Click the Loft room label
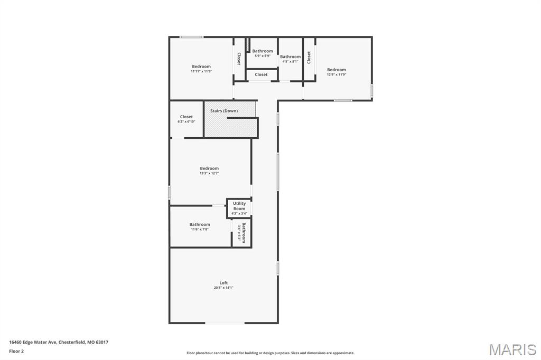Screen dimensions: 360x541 pos(223,283)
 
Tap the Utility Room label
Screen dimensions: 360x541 pos(239,206)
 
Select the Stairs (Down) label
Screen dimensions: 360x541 pos(224,111)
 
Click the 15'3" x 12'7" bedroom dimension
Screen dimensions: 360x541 pos(209,173)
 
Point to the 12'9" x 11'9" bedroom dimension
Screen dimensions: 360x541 pos(337,74)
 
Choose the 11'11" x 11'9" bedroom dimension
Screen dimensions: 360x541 pos(201,71)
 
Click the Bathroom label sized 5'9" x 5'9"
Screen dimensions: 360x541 pos(263,51)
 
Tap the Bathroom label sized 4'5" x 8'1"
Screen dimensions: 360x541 pos(290,56)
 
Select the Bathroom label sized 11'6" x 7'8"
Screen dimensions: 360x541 pos(200,224)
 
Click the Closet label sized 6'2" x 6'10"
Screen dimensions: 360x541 pos(186,117)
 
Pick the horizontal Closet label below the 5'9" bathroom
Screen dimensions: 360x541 pos(261,75)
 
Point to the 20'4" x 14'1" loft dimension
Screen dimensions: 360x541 pos(223,288)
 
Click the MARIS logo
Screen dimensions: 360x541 pos(512,349)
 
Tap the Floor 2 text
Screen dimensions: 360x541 pos(16,350)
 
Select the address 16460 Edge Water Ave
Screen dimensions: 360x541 pos(59,342)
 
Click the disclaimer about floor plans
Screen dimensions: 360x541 pos(270,353)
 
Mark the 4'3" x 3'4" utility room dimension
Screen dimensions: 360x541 pos(239,213)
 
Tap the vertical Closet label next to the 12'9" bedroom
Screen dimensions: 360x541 pos(309,58)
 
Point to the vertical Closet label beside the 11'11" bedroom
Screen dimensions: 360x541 pos(239,59)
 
